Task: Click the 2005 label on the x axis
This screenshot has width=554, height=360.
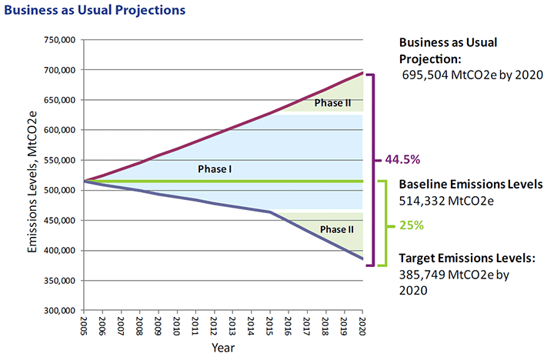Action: tap(83, 327)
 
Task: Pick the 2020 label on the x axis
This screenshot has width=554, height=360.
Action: tap(362, 327)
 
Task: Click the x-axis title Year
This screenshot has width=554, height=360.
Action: tap(223, 348)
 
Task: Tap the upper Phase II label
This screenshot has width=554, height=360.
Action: tap(333, 101)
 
